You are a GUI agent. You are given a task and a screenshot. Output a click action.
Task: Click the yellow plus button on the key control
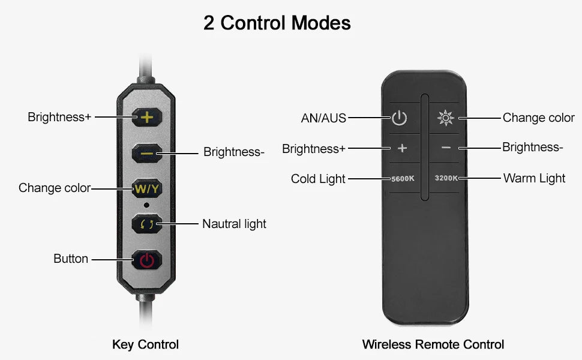(147, 117)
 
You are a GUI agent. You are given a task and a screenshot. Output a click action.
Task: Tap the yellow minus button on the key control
(147, 153)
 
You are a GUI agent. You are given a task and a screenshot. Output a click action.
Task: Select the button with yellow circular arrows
(147, 224)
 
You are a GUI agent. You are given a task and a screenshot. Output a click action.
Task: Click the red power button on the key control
(147, 259)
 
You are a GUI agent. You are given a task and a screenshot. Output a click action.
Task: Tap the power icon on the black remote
(400, 118)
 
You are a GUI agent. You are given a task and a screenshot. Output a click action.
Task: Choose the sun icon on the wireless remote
(446, 118)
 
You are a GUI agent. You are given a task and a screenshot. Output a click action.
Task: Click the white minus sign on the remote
(446, 148)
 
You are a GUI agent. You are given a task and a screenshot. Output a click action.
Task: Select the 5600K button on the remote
(403, 179)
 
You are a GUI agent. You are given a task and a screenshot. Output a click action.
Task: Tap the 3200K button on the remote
(446, 178)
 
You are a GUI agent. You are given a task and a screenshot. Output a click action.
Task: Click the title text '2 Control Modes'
(277, 23)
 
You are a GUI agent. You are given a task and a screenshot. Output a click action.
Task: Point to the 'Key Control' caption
(145, 344)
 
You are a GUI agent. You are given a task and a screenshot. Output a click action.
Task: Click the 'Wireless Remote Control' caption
(433, 344)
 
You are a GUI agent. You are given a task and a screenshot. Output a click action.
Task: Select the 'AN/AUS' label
(323, 118)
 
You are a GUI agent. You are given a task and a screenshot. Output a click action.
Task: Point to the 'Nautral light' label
(234, 224)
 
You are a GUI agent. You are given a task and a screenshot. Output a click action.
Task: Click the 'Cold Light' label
(318, 179)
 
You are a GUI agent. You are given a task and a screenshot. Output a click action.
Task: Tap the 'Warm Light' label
(534, 178)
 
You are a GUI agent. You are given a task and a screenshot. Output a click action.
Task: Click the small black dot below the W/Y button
(146, 205)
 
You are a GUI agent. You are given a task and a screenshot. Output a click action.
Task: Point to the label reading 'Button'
(71, 259)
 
